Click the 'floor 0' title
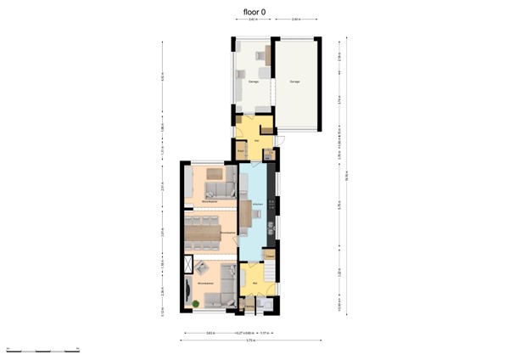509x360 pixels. [255, 12]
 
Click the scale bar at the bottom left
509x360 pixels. [42, 349]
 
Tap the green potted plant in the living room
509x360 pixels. [196, 303]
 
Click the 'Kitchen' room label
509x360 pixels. [257, 205]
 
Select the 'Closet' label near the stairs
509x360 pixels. [269, 255]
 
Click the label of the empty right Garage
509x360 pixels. [294, 82]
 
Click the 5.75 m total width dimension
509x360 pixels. [251, 341]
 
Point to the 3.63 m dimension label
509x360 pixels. [210, 332]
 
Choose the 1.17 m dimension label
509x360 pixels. [264, 332]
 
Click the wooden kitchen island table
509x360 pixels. [256, 215]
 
